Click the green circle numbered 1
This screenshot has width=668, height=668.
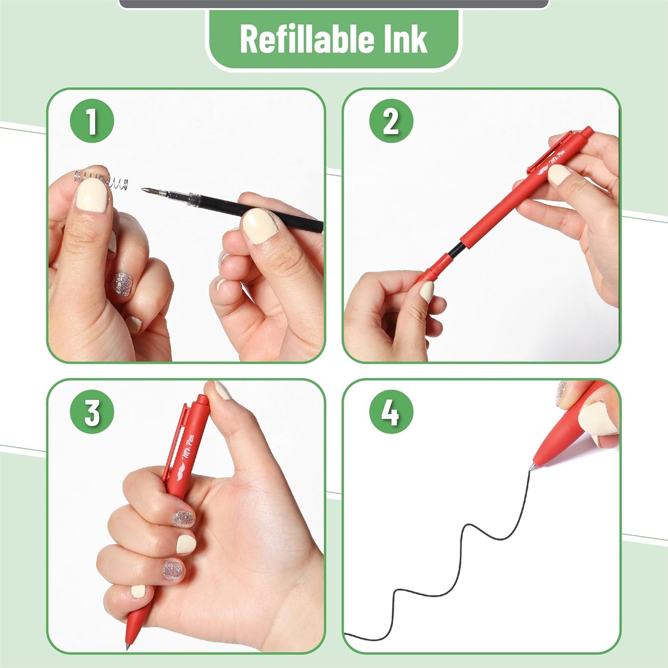(x=92, y=121)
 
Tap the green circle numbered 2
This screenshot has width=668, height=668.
(x=391, y=121)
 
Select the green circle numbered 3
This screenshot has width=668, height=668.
(x=92, y=412)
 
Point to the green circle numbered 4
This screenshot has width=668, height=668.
(x=391, y=412)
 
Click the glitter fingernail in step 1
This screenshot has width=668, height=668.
(x=122, y=282)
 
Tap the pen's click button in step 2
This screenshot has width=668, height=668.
(x=587, y=132)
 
